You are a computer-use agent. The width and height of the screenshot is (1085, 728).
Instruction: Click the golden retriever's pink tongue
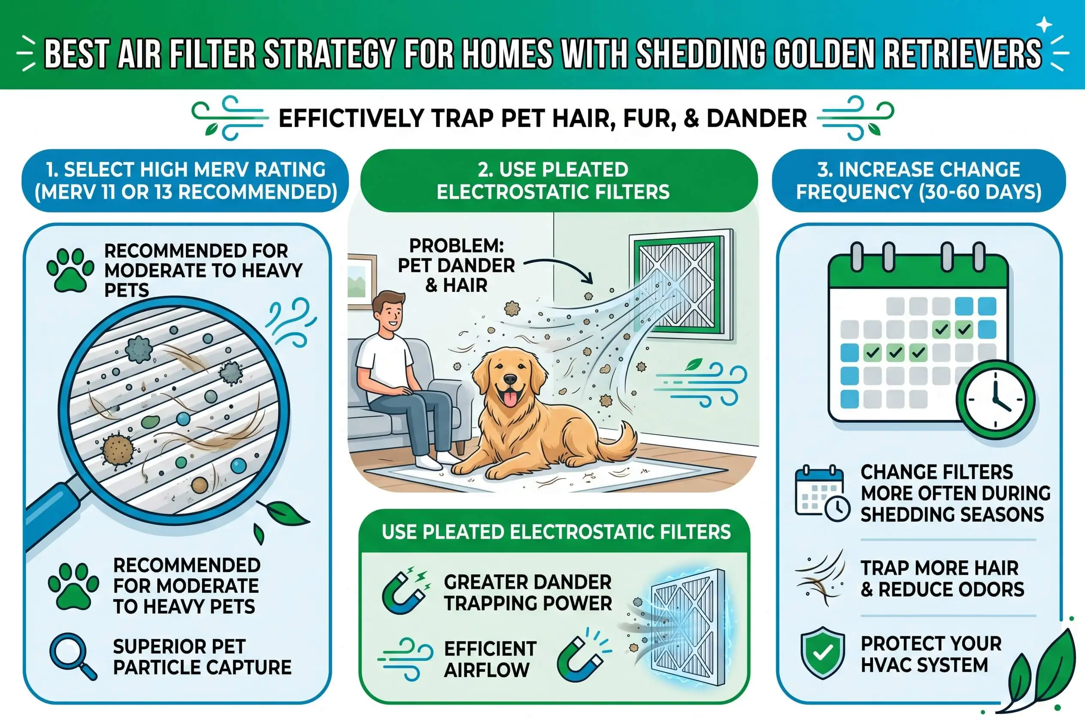click(x=510, y=398)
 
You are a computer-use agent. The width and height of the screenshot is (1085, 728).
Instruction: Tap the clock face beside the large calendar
click(x=995, y=399)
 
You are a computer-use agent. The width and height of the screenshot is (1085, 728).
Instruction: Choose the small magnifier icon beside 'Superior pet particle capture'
click(x=73, y=656)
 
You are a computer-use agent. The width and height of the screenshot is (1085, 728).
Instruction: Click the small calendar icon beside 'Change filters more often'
click(x=822, y=493)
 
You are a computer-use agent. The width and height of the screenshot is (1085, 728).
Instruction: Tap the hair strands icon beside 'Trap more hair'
click(x=820, y=578)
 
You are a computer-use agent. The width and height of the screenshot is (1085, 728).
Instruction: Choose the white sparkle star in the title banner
click(x=1044, y=24)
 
